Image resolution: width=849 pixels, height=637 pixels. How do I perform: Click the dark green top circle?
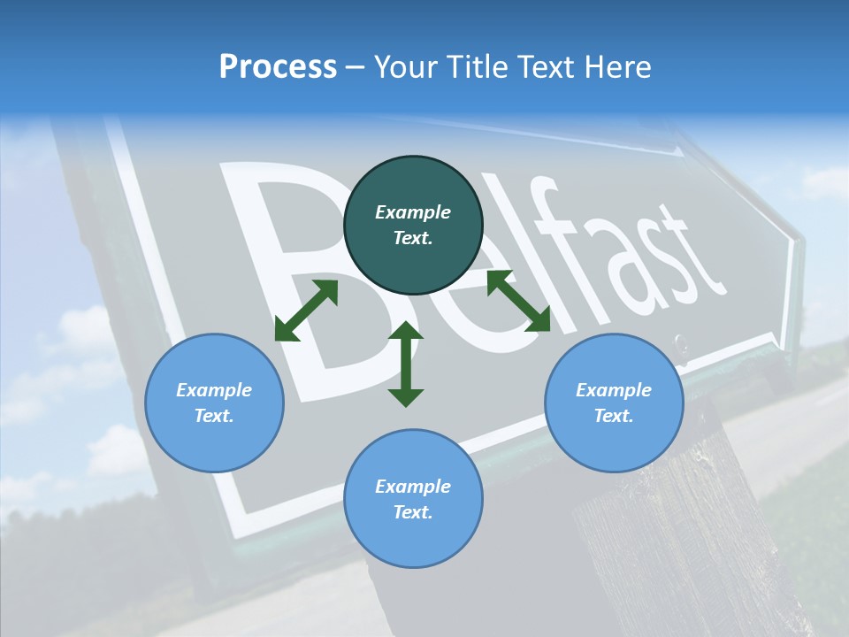click(x=413, y=226)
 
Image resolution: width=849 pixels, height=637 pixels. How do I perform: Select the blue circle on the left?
click(x=214, y=403)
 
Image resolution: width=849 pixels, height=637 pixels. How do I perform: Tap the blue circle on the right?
click(x=614, y=403)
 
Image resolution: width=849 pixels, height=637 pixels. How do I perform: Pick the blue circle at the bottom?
click(x=413, y=499)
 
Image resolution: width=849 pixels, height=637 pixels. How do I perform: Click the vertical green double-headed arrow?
click(x=406, y=364)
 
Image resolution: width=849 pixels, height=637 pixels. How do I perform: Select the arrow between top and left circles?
click(x=306, y=311)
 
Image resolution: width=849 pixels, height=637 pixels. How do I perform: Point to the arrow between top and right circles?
click(x=518, y=301)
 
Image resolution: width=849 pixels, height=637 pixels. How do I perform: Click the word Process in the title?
click(x=278, y=67)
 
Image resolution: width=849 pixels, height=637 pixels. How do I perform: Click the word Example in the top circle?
click(x=413, y=212)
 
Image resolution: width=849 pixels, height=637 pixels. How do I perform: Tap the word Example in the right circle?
click(x=614, y=390)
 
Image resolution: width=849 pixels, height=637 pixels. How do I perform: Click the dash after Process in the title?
click(x=356, y=68)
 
